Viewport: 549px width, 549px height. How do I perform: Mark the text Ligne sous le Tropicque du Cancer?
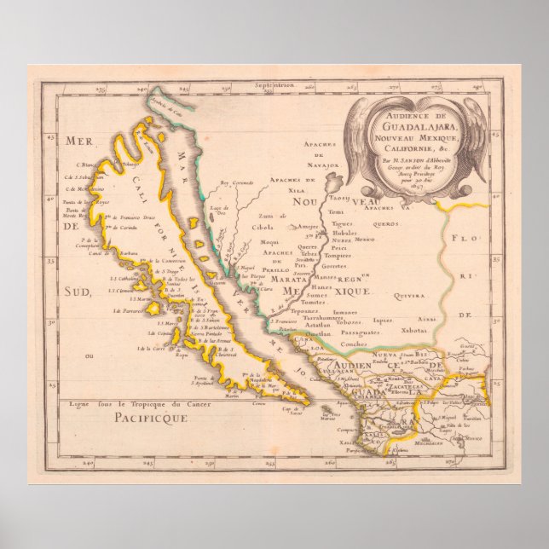click(x=127, y=402)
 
